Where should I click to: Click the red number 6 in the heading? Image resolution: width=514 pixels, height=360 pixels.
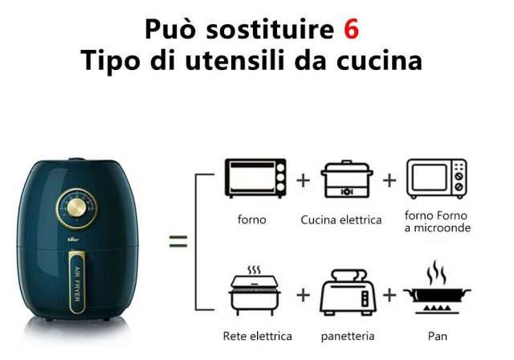(352, 30)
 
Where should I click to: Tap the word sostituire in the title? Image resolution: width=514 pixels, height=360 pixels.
(270, 30)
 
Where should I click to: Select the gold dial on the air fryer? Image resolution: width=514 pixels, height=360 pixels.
(77, 208)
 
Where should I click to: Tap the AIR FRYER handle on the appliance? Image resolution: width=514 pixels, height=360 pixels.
(77, 283)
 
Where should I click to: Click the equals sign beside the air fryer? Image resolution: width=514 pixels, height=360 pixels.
(178, 241)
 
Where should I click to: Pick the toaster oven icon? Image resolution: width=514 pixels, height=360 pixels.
(255, 178)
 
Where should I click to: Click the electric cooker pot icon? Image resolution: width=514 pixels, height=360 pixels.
(346, 179)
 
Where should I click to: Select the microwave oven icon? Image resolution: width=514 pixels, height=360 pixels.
(437, 178)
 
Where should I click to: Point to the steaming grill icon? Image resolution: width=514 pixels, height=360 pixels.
(255, 291)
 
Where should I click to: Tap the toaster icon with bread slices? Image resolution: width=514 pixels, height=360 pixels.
(348, 292)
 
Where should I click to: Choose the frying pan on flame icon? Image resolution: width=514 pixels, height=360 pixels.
(437, 288)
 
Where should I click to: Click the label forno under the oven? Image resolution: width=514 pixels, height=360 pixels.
(251, 219)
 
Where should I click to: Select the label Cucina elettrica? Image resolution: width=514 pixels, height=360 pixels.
(341, 220)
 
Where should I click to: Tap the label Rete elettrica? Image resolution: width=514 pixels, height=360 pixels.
(257, 336)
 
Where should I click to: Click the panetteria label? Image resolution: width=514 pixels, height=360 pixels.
(348, 337)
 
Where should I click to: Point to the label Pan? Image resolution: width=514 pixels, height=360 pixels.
(437, 337)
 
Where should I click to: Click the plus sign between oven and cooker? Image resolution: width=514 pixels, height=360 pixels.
(304, 180)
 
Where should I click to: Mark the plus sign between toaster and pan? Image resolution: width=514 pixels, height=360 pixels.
(390, 295)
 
